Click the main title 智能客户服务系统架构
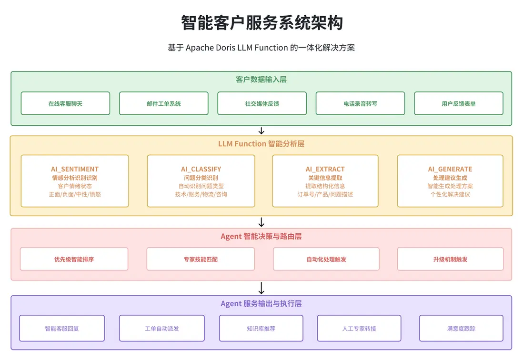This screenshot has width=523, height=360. (261, 22)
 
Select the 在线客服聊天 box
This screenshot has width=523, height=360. (65, 103)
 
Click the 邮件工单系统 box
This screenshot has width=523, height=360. (163, 103)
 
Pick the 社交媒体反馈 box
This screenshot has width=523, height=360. (261, 103)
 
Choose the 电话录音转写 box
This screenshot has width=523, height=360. (360, 103)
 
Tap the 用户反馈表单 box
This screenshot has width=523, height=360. (458, 103)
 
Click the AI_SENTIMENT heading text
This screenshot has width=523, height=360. (75, 169)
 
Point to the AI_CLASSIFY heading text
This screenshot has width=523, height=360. (201, 169)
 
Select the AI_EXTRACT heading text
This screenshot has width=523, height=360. (325, 169)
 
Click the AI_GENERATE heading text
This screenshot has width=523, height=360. (450, 169)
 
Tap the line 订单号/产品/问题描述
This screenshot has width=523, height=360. (325, 194)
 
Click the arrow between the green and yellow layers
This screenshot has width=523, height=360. (261, 131)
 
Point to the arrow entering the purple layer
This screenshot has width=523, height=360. (261, 288)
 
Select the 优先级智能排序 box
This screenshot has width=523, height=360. (74, 260)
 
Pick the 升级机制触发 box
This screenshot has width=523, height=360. (450, 260)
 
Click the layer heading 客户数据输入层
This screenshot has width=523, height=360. (261, 80)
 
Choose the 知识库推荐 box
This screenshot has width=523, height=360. (261, 329)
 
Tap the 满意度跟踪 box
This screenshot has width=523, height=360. (461, 329)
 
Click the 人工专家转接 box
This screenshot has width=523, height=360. (359, 329)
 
